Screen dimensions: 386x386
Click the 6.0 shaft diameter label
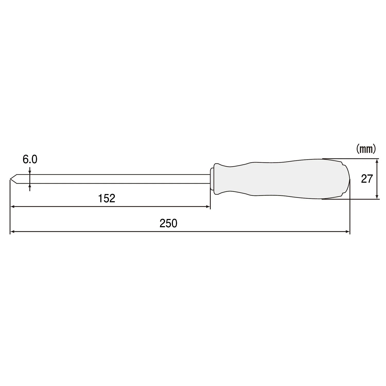click(30, 160)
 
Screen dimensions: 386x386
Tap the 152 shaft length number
click(107, 198)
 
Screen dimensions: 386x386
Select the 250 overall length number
click(168, 223)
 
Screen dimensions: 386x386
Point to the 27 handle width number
click(367, 179)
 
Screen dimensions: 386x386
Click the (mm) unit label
click(366, 149)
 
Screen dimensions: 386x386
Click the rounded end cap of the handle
click(346, 179)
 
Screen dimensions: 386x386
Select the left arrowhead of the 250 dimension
click(12, 232)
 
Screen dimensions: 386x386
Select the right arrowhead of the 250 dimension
click(348, 232)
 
